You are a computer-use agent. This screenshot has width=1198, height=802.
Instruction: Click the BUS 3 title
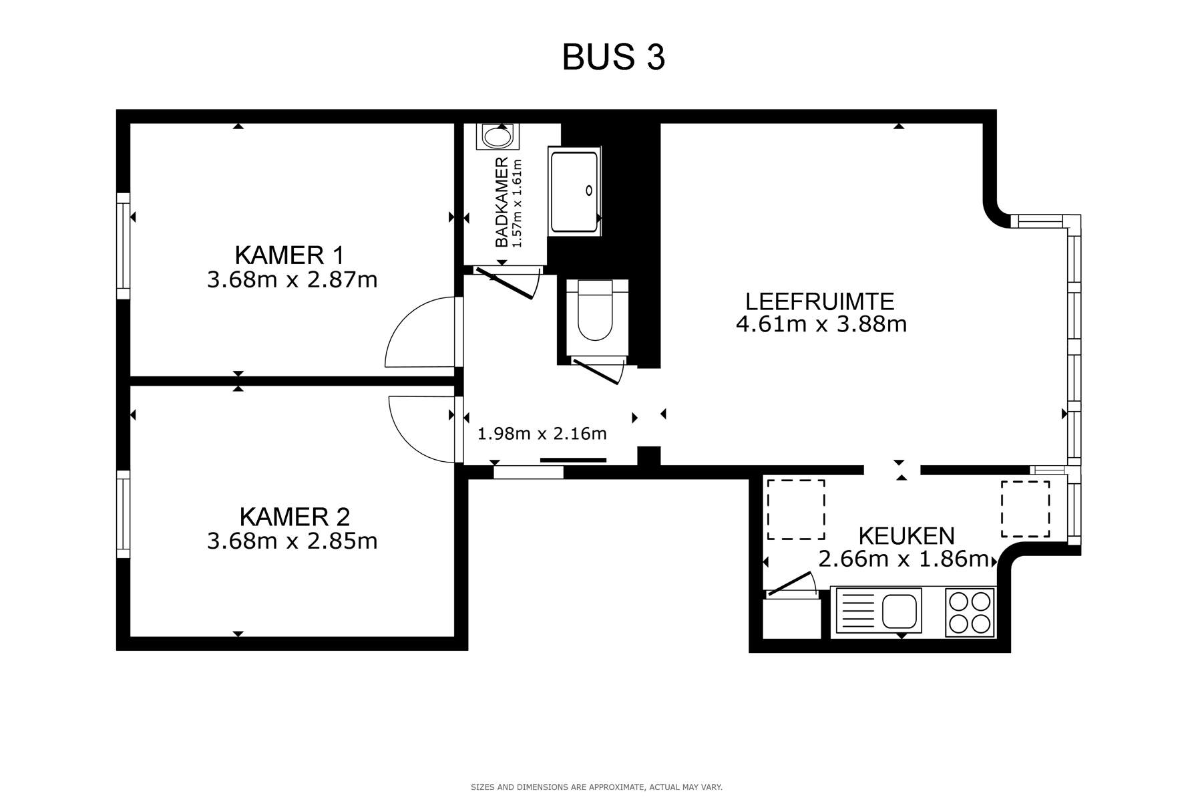[x=613, y=57]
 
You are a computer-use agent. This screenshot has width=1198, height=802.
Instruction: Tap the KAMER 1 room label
[x=290, y=255]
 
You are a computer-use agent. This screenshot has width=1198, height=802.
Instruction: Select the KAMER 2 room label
[x=294, y=517]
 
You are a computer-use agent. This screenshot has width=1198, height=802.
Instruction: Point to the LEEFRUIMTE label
[x=819, y=301]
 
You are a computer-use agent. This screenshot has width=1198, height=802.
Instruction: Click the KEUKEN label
[x=906, y=535]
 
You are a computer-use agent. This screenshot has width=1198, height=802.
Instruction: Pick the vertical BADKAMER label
[x=502, y=203]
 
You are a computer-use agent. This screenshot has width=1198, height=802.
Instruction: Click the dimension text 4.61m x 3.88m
[x=821, y=325]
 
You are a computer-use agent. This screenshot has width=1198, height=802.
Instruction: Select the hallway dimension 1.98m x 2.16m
[x=542, y=434]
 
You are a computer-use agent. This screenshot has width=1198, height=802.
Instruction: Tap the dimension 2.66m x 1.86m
[x=903, y=559]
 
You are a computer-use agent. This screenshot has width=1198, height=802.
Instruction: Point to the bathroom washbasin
[x=497, y=137]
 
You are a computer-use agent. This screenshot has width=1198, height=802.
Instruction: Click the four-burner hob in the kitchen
[x=970, y=613]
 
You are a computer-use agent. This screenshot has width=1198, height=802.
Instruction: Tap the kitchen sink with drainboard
[x=878, y=610]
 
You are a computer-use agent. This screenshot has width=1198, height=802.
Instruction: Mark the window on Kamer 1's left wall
[x=123, y=246]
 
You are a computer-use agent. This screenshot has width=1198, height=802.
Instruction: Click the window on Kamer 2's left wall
[x=123, y=514]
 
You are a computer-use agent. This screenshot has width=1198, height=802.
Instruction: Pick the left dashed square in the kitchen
[x=795, y=509]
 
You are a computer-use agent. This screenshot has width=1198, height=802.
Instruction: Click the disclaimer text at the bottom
[x=597, y=787]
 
